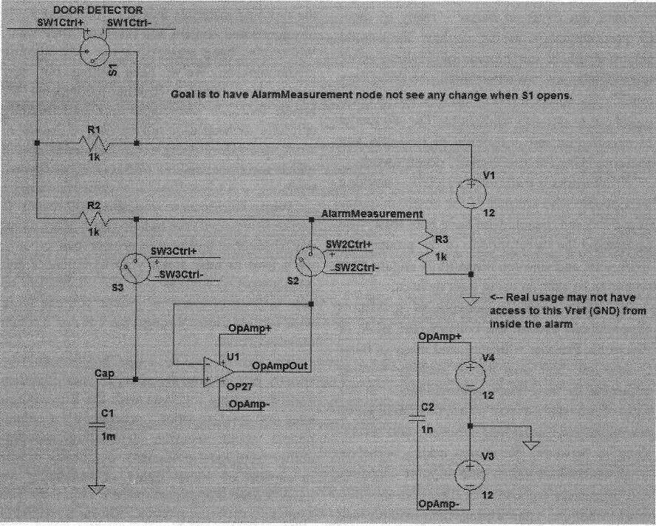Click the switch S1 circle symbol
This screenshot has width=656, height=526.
(95, 52)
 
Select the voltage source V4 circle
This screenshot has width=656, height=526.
(470, 375)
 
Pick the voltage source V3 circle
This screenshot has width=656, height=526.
(470, 474)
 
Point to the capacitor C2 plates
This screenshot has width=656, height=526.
(417, 417)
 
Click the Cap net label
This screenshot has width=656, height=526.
(104, 373)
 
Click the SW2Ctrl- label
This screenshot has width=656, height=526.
(357, 267)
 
